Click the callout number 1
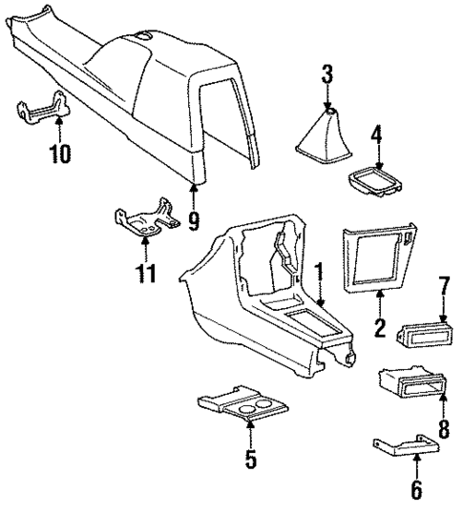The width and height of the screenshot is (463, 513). click(320, 276)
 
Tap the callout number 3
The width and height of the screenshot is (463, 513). click(327, 73)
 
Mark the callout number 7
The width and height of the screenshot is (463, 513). click(442, 286)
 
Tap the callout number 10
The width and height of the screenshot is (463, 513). click(60, 153)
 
